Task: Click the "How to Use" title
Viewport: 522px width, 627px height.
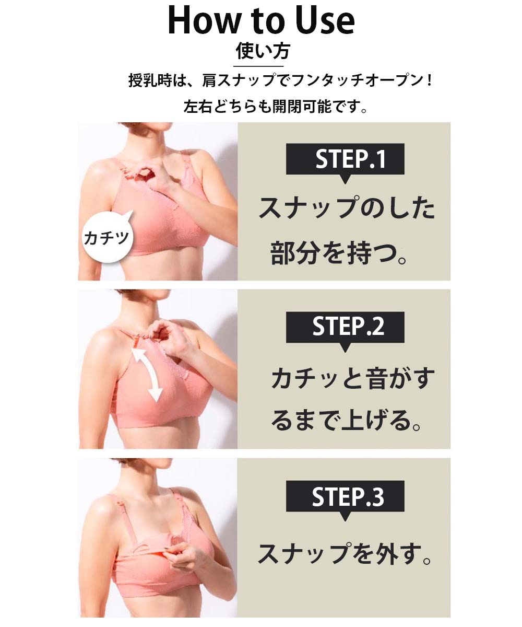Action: [x=262, y=20]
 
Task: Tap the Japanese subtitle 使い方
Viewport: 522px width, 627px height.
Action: [x=263, y=51]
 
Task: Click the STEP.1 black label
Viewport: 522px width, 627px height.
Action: [x=345, y=159]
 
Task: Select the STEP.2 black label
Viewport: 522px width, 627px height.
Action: [x=345, y=327]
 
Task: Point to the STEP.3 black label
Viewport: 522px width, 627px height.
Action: [x=345, y=496]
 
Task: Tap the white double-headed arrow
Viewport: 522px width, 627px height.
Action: [x=148, y=375]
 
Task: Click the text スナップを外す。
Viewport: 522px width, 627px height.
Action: [x=345, y=554]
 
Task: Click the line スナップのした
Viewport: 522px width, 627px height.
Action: [x=347, y=208]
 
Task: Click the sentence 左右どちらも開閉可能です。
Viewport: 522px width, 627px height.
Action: [x=275, y=107]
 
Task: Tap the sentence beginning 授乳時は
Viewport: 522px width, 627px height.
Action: [x=280, y=80]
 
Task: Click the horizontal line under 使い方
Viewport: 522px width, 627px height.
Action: [x=258, y=66]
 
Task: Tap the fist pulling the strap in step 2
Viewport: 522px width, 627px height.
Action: [x=168, y=336]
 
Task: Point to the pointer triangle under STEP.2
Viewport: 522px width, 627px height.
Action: [x=345, y=347]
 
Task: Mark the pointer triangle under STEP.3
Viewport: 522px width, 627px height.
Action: [x=345, y=516]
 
